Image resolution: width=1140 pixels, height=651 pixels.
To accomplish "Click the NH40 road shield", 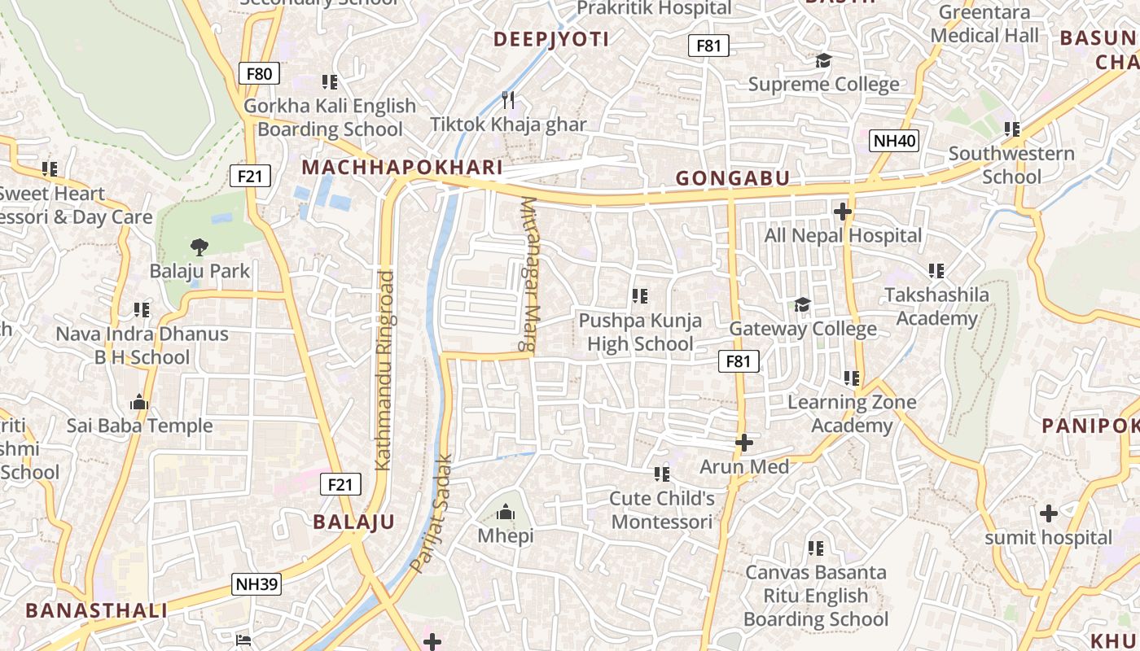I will point(894,141).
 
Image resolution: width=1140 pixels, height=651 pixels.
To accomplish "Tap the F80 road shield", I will point(259,74).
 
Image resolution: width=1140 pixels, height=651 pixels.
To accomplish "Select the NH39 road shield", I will point(256,583).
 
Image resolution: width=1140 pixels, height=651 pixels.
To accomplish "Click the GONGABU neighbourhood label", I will point(733,178).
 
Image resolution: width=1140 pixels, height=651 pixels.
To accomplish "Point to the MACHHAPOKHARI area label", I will point(402,168).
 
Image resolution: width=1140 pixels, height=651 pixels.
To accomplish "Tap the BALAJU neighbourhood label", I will point(354,522).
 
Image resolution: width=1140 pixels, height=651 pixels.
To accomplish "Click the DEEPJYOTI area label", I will point(551,39).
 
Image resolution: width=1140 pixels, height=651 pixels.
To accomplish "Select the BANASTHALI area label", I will point(96,610).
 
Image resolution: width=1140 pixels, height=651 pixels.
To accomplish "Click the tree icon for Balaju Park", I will point(199,247).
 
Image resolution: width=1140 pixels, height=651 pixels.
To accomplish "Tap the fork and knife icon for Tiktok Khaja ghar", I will point(508,100).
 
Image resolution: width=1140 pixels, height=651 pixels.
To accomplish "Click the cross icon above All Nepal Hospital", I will point(843,212).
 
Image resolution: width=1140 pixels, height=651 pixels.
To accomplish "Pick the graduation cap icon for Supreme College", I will point(823,61).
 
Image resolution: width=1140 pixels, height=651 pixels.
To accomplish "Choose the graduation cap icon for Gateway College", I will point(802,305).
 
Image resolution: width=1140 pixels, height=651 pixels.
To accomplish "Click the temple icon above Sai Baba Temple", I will point(139,402).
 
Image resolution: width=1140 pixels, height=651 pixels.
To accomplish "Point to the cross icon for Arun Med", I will point(744,443).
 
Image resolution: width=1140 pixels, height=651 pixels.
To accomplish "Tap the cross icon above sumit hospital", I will point(1049,513).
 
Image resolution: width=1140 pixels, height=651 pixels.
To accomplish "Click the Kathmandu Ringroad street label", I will point(384,370).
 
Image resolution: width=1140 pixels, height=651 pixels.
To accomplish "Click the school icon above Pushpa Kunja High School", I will point(640,296).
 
